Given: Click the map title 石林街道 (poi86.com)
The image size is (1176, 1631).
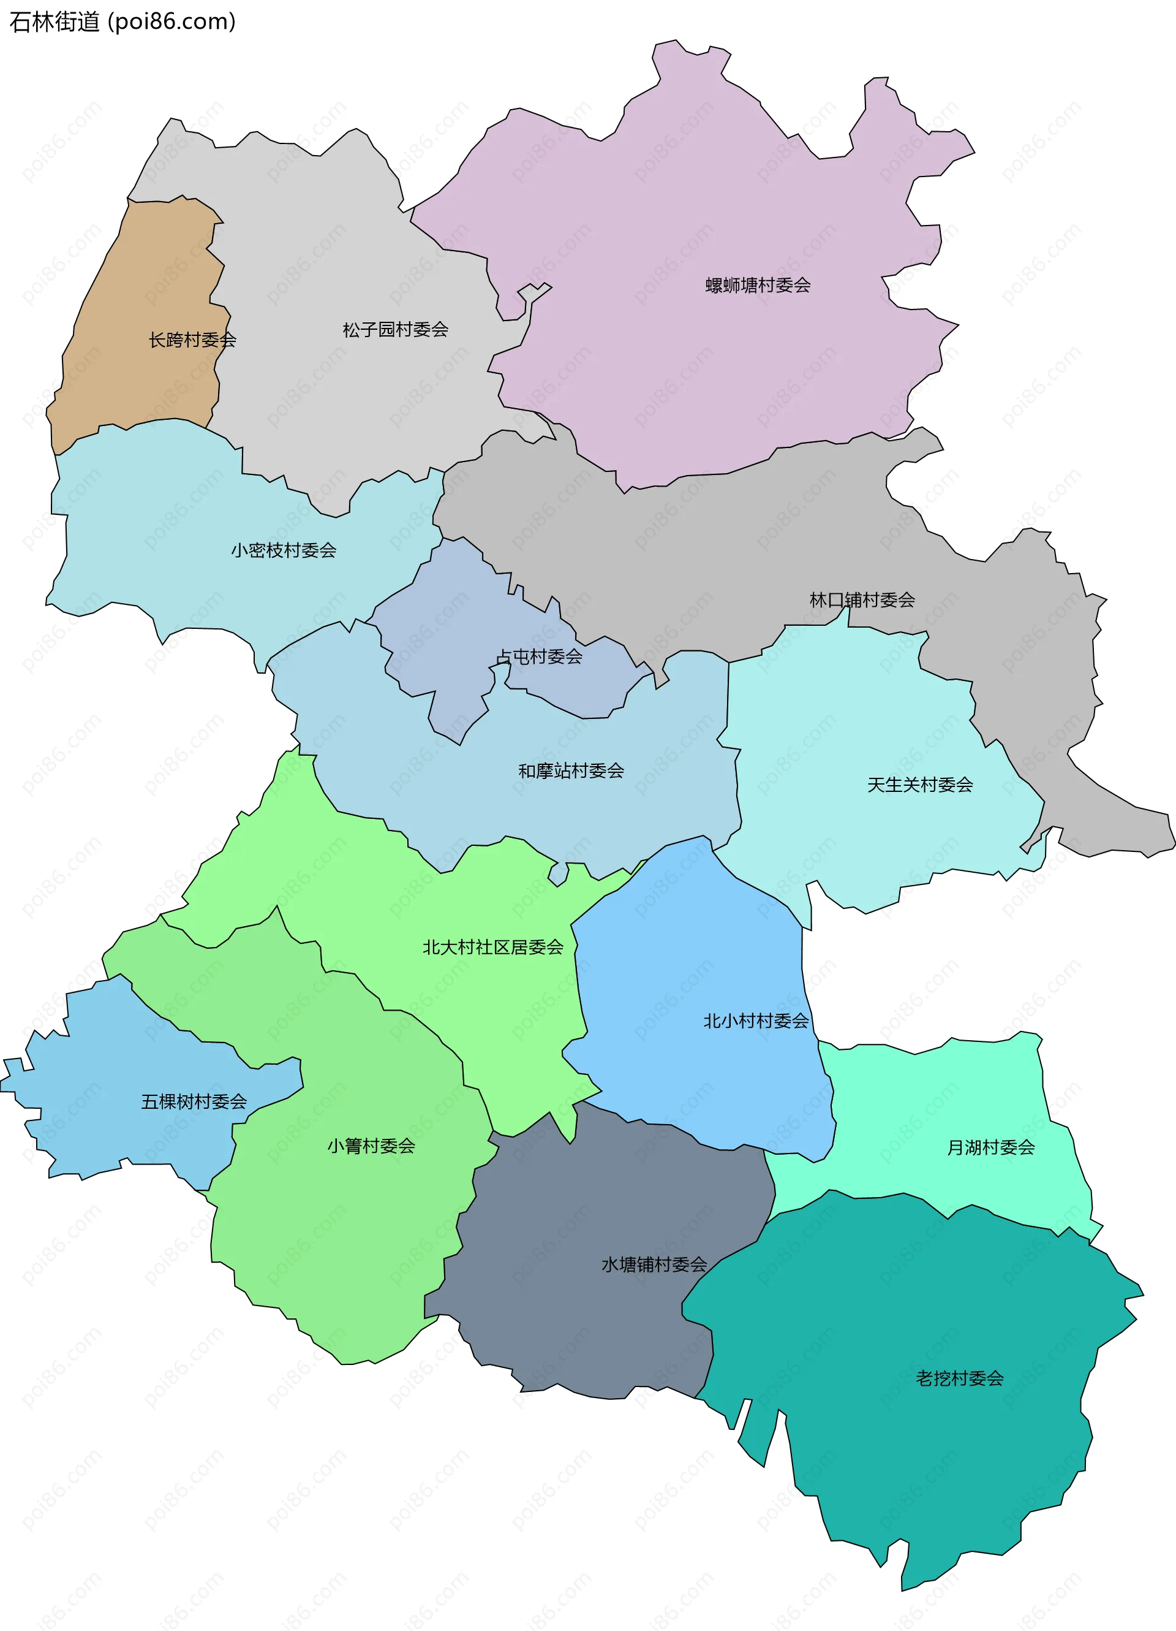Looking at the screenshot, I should tap(123, 21).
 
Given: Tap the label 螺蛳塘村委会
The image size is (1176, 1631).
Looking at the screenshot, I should tap(758, 286).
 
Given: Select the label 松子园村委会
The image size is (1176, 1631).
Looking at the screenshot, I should tap(395, 329).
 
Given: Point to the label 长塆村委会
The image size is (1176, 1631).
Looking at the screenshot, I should tap(192, 340).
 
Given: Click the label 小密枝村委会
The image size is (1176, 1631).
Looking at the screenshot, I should tap(283, 550).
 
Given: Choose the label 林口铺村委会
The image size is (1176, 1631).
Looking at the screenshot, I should tap(862, 600).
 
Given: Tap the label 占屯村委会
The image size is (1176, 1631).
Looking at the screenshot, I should tap(540, 656).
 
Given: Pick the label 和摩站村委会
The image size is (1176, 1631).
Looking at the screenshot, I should tap(571, 771).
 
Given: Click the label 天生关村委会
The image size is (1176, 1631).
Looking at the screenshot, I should tap(919, 785).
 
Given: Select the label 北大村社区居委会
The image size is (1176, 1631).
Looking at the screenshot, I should tap(492, 947).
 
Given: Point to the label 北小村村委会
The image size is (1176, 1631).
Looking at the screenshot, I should tap(755, 1021).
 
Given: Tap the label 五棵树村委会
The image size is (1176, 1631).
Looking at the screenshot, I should tap(194, 1101).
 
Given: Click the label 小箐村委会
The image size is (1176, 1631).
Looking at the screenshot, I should tap(371, 1146).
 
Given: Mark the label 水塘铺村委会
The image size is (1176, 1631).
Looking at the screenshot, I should tap(654, 1264).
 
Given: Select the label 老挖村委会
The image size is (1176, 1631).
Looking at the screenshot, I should tap(959, 1378).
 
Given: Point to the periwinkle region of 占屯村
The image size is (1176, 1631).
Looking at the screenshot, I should tap(446, 633).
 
